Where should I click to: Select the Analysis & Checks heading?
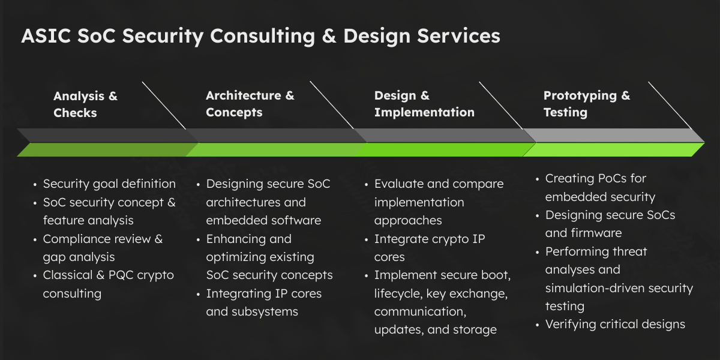85,104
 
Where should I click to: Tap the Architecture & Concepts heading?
250,104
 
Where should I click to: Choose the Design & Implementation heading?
424,104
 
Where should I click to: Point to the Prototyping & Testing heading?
586,104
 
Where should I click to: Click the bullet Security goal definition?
109,184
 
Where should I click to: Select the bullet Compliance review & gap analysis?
103,248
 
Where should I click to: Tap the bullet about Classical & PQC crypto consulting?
108,284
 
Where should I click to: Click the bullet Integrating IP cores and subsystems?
263,302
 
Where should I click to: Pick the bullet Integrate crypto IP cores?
429,248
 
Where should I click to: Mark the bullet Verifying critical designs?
614,325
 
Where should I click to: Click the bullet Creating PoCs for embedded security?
600,187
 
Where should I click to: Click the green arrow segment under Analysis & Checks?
102,150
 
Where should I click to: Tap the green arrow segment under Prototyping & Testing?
612,150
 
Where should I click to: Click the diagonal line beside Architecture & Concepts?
331,104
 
